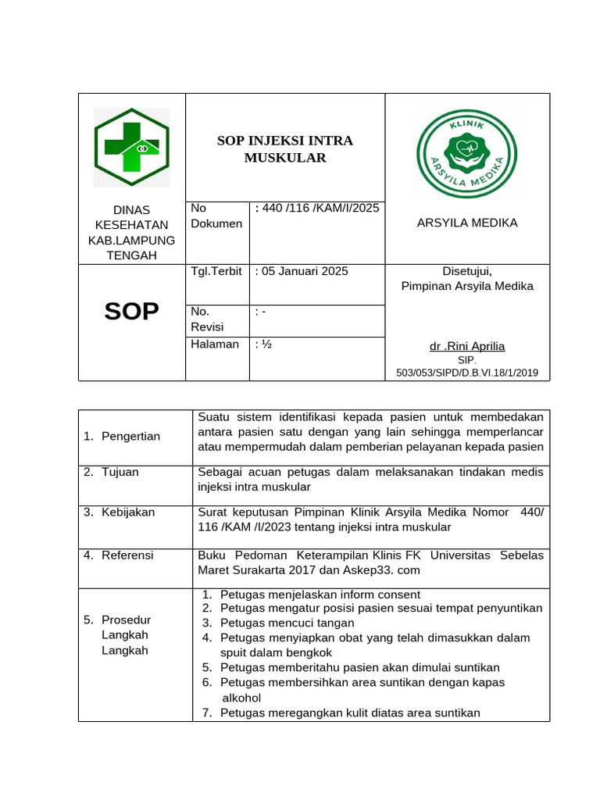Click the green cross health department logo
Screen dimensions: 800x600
[x=131, y=147]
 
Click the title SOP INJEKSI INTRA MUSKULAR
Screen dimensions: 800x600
[x=284, y=149]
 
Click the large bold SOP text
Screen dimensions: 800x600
[x=131, y=311]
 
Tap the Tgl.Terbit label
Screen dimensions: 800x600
[x=216, y=271]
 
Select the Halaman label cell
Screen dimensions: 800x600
[x=215, y=345]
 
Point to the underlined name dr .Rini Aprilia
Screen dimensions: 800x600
[x=467, y=346]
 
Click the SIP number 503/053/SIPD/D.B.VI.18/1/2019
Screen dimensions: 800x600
[x=466, y=373]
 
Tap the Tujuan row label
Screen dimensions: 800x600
[x=120, y=472]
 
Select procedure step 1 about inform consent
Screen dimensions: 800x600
[x=320, y=594]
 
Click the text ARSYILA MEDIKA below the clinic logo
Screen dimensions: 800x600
[x=466, y=223]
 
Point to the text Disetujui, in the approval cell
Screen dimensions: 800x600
[x=467, y=271]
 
